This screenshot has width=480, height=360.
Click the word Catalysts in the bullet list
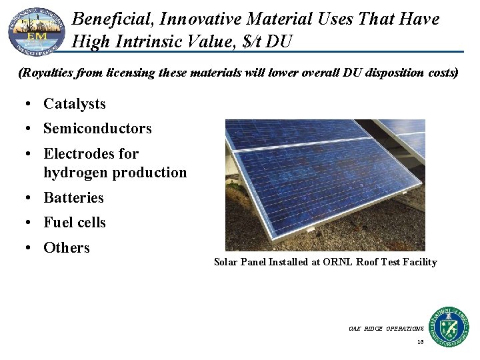click(74, 104)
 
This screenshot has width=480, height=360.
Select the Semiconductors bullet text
click(97, 129)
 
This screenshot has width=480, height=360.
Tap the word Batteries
click(73, 198)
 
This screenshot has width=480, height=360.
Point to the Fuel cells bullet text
click(74, 223)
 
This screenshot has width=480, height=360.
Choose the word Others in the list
click(66, 248)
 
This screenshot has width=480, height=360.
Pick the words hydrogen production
click(115, 173)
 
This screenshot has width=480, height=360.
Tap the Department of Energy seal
click(448, 327)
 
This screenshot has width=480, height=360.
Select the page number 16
click(420, 342)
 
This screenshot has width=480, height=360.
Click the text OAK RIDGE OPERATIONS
click(385, 329)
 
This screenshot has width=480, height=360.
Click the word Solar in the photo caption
click(225, 262)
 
